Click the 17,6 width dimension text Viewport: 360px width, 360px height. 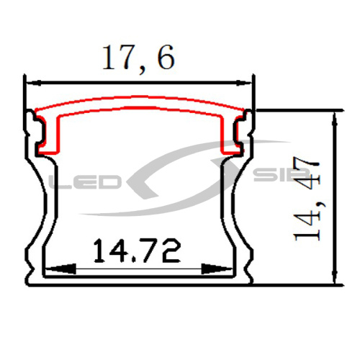click(138, 58)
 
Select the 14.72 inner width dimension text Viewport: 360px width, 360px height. click(137, 250)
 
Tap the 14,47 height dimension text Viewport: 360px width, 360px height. click(307, 199)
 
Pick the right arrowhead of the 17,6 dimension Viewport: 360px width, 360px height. click(244, 83)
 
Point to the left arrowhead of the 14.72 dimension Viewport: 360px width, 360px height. click(60, 269)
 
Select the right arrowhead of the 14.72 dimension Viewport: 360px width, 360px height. click(217, 269)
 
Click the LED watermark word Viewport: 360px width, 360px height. click(84, 181)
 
